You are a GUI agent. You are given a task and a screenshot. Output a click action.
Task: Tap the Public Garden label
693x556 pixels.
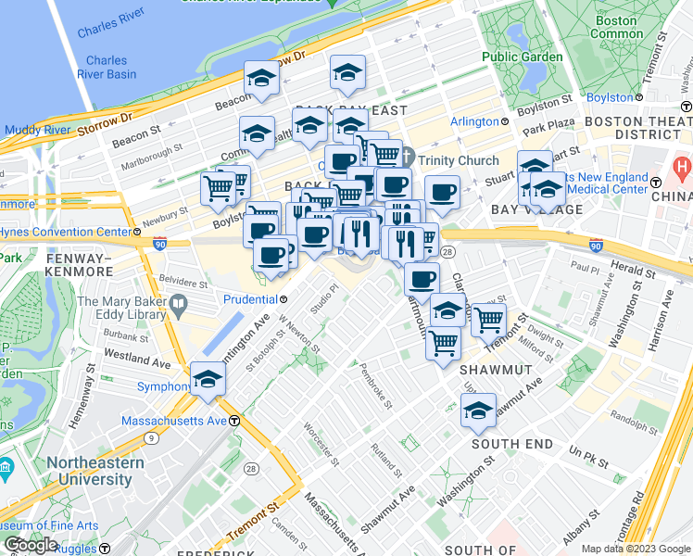[522, 57]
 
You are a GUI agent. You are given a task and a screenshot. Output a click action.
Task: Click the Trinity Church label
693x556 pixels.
[458, 160]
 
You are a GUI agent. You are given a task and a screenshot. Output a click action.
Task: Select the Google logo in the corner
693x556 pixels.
[31, 545]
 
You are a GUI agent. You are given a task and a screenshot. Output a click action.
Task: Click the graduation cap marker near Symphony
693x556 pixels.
[208, 378]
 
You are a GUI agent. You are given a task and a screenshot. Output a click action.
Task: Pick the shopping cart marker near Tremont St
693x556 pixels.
[487, 320]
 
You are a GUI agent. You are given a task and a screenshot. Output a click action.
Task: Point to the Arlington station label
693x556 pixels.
[474, 121]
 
